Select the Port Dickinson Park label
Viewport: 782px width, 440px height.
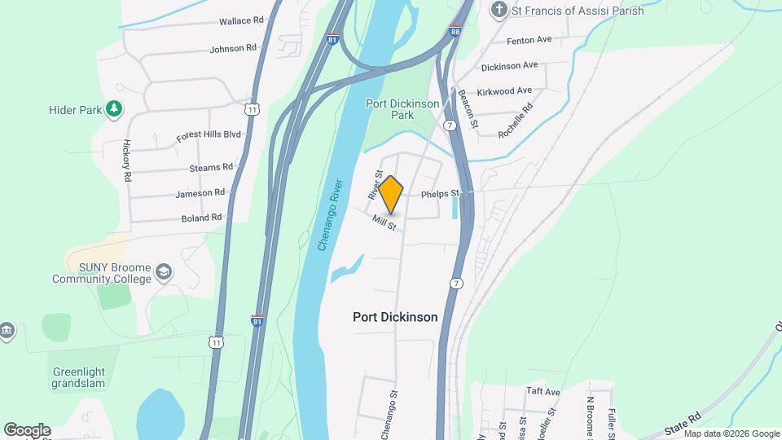(x=402, y=109)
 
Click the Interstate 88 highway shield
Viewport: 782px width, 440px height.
(x=455, y=31)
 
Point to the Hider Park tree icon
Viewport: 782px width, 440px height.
(x=116, y=107)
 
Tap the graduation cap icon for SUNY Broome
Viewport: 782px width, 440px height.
(x=164, y=271)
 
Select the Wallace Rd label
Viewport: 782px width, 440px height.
(x=241, y=20)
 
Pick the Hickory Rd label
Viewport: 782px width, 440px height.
(x=127, y=160)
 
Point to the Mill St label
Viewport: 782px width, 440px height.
(x=384, y=222)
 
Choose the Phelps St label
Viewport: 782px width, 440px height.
(x=441, y=194)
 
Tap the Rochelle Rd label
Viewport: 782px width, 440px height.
(x=516, y=119)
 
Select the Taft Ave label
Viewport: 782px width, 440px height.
(x=543, y=392)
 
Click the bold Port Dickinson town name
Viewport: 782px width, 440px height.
(x=395, y=317)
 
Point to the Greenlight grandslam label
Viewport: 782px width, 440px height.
(x=79, y=378)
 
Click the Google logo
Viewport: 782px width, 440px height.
(x=27, y=430)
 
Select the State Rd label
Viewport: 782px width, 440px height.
(x=682, y=422)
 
